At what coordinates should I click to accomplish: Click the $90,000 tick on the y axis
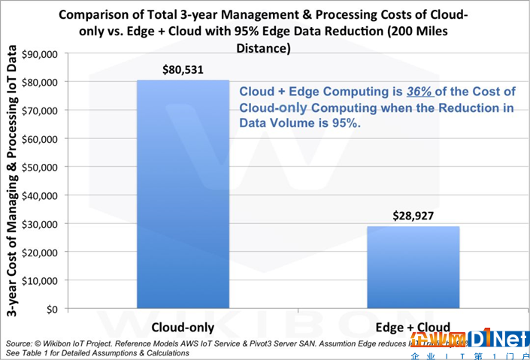coord(44,54)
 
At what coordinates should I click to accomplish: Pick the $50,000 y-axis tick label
coord(44,167)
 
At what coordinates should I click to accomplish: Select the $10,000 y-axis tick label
coord(44,280)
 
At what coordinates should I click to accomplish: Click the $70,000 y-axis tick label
coord(44,110)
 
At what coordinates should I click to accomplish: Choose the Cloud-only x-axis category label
coord(183,328)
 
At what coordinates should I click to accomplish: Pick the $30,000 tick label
coord(44,224)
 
